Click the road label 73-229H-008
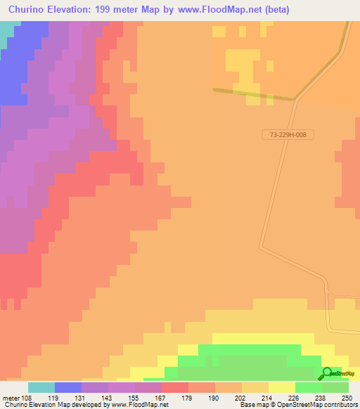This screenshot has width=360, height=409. point(288,134)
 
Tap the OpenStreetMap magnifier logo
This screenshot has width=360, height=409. point(327,374)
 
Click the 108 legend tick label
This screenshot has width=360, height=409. point(27,397)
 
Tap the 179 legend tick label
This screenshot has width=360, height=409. point(186,397)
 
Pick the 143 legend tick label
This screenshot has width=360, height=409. point(106,397)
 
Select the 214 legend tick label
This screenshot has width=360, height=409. point(267,397)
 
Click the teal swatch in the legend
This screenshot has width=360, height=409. point(41,387)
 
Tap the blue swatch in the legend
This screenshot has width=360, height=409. point(67,387)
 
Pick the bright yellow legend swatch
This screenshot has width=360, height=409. point(281,387)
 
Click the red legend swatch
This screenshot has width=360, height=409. point(174,387)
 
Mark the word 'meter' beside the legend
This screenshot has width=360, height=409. point(11,397)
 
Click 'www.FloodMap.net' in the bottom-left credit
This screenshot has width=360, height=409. point(139,405)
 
